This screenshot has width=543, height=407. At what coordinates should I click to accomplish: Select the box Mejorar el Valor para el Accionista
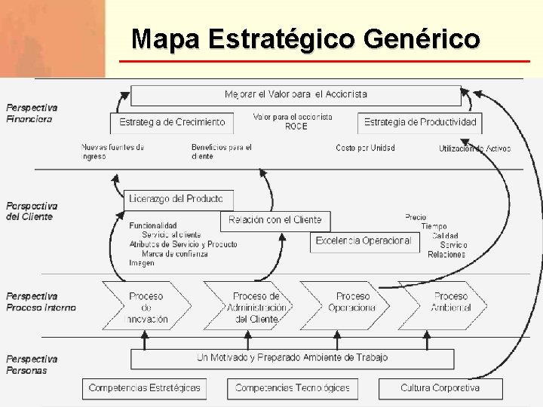(x=296, y=95)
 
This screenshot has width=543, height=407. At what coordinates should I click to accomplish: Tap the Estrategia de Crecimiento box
(x=178, y=122)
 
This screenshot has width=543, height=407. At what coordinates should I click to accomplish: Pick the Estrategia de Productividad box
(x=420, y=122)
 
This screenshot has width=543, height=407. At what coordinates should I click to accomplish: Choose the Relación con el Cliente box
(x=275, y=220)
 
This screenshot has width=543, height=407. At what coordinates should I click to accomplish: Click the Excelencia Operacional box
(x=364, y=241)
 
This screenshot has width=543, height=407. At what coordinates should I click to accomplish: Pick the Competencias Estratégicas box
(x=144, y=388)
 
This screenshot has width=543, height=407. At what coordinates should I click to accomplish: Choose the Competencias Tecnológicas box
(x=293, y=388)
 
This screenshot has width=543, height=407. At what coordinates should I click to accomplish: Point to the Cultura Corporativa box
(x=440, y=388)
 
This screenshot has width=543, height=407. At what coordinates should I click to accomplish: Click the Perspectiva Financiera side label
(x=32, y=113)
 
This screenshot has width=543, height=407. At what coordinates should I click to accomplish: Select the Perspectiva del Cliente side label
(x=32, y=211)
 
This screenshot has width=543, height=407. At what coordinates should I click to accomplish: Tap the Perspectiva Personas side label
(x=32, y=365)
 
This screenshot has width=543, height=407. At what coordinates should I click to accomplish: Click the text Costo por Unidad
(x=365, y=148)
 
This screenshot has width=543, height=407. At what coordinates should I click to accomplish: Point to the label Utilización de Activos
(x=474, y=148)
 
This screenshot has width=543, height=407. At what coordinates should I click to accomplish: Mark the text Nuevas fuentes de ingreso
(x=112, y=151)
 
